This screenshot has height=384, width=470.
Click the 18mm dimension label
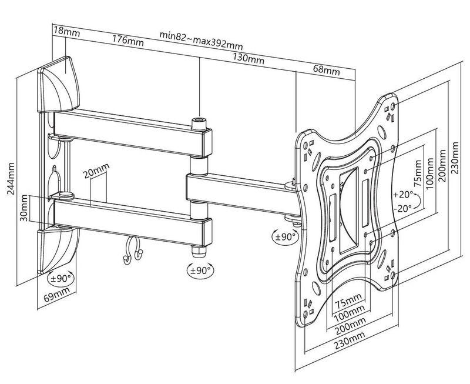coord(67,31)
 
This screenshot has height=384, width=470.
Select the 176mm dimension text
coord(127,41)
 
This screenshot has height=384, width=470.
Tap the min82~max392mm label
coord(201,39)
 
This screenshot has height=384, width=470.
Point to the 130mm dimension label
coord(249,59)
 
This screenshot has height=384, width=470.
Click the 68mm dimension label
coord(327,70)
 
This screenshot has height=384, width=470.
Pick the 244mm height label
coord(11,179)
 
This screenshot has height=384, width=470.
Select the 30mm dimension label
coord(25,208)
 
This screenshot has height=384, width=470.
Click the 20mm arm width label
coord(96,171)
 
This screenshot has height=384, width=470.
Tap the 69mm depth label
coord(57,294)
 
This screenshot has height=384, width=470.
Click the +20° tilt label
coord(404,195)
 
